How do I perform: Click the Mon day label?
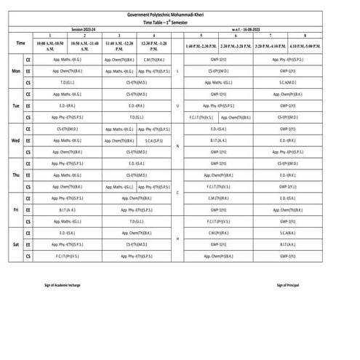tap(15, 71)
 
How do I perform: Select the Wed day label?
tap(15, 140)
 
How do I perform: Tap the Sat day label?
tap(15, 244)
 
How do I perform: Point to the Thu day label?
tap(15, 175)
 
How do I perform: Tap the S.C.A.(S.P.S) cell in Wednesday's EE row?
tap(153, 140)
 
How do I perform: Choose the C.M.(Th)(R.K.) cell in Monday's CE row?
tap(153, 59)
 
